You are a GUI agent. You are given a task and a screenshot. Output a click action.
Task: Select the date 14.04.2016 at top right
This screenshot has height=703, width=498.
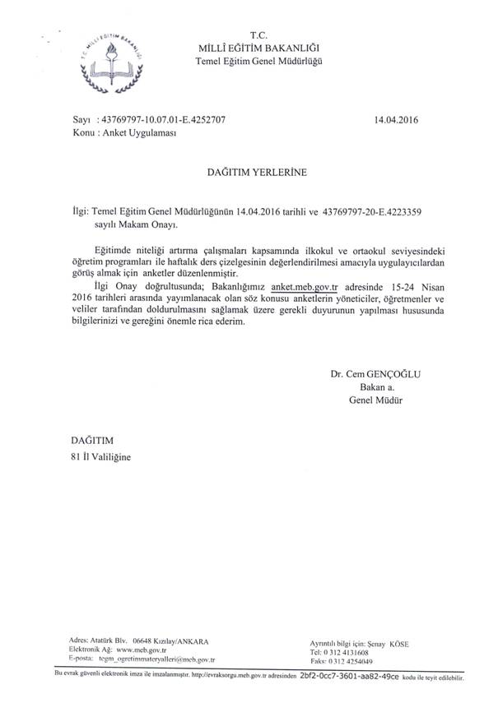point(397,119)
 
